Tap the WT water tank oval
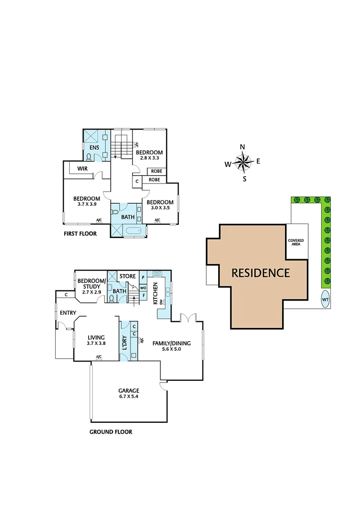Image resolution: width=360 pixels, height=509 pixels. (325, 299)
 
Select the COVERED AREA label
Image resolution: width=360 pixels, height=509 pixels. (296, 242)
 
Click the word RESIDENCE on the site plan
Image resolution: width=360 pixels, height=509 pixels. (261, 272)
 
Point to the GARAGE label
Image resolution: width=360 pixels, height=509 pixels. (129, 391)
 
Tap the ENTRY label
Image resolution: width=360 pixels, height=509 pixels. (65, 312)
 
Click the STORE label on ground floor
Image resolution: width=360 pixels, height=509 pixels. (127, 276)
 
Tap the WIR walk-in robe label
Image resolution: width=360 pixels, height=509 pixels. (83, 168)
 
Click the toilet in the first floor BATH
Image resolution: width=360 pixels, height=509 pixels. (115, 213)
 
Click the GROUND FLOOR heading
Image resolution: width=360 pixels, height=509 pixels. (111, 432)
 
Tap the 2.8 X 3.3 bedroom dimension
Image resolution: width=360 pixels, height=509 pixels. (149, 158)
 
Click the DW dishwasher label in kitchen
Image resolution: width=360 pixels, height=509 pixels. (161, 302)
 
